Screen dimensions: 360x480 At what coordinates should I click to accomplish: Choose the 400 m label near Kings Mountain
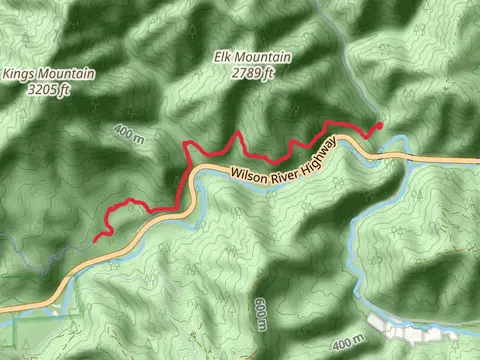[x=129, y=133]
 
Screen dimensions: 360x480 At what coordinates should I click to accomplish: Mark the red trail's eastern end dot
[x=379, y=125]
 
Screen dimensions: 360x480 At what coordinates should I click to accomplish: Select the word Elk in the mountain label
[x=223, y=58]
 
